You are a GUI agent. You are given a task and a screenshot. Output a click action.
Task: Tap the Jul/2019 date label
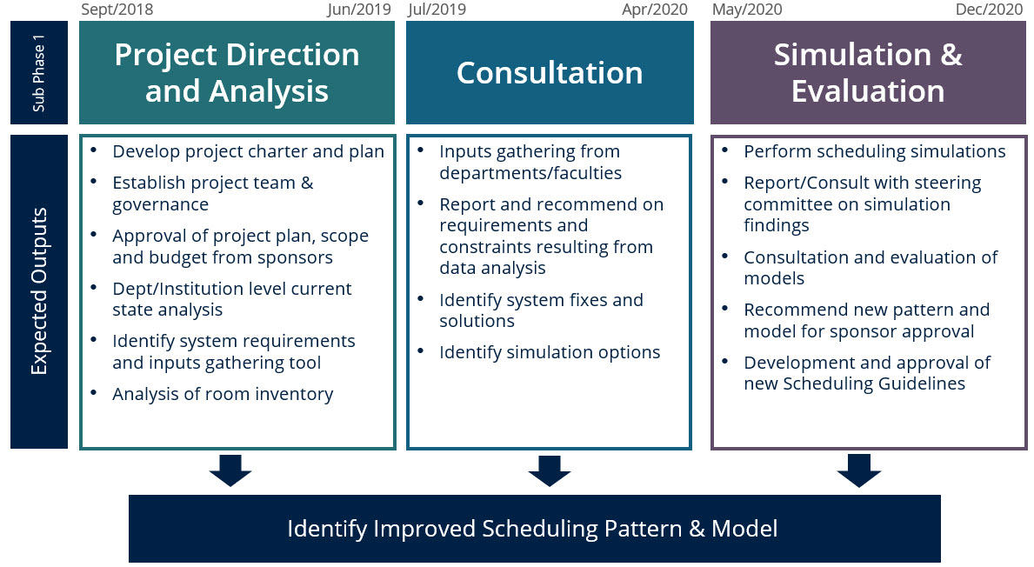[437, 10]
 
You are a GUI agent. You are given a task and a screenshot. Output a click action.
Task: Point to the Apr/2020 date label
[654, 10]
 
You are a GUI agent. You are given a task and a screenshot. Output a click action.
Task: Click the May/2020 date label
[746, 10]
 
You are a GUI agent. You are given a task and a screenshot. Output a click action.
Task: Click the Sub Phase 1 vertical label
[38, 73]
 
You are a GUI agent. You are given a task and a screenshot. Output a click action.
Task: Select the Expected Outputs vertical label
[38, 291]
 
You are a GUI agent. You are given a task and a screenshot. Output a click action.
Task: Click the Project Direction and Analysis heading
[237, 73]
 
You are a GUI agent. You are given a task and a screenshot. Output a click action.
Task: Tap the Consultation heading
[550, 73]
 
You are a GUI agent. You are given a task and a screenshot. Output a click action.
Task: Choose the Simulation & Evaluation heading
[868, 73]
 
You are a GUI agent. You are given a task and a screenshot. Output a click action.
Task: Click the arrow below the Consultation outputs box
[550, 470]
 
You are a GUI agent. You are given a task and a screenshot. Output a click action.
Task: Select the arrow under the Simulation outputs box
[859, 470]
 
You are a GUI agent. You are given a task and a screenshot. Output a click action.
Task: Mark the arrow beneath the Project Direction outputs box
[230, 470]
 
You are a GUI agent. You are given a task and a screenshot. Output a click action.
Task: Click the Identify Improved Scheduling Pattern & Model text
[532, 529]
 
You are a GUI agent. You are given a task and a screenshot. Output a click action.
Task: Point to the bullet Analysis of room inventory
[223, 394]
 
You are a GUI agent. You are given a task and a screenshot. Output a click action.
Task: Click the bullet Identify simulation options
[550, 352]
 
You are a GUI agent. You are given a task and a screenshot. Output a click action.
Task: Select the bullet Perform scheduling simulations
[874, 151]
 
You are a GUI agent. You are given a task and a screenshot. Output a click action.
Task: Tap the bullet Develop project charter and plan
[248, 151]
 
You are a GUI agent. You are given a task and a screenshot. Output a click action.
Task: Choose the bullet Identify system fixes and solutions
[541, 310]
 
